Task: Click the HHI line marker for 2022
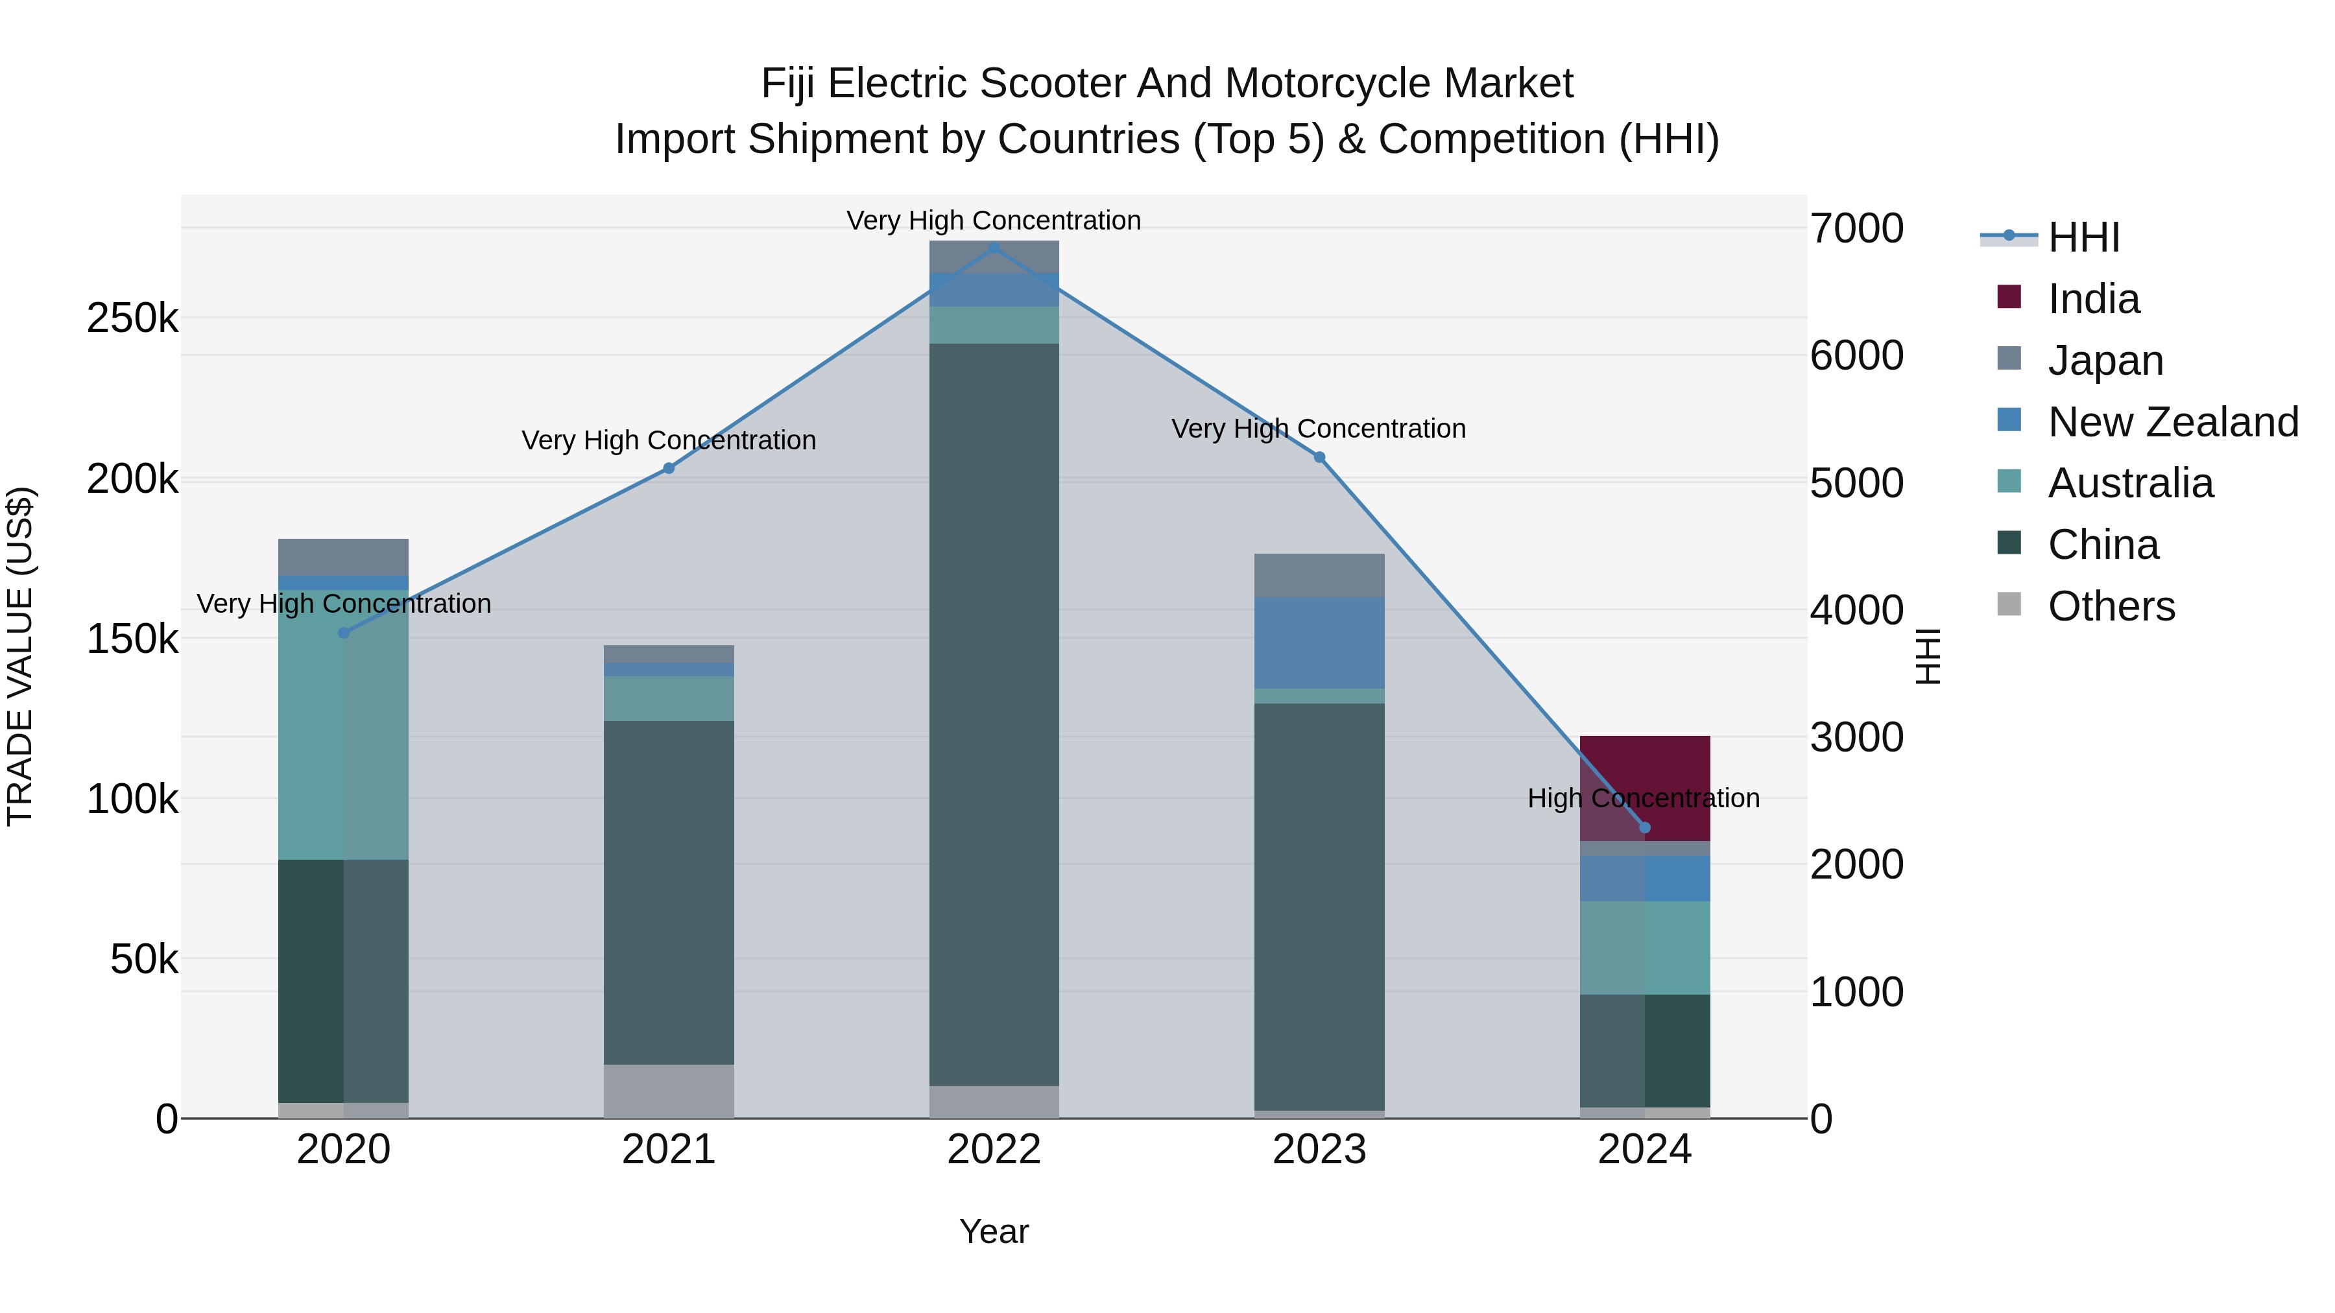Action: pyautogui.click(x=994, y=248)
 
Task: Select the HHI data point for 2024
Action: pyautogui.click(x=1644, y=827)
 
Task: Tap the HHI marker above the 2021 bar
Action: pyautogui.click(x=669, y=469)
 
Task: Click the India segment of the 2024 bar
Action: pyautogui.click(x=1644, y=779)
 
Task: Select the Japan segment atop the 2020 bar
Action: pyautogui.click(x=344, y=556)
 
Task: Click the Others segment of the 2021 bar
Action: pyautogui.click(x=669, y=1091)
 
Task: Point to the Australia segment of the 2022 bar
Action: pyautogui.click(x=994, y=324)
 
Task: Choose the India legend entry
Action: pyautogui.click(x=2093, y=299)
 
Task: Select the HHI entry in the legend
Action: pyautogui.click(x=2083, y=237)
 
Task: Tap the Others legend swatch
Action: pyautogui.click(x=2009, y=604)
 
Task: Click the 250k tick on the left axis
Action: pyautogui.click(x=132, y=319)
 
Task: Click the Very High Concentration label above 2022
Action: pyautogui.click(x=994, y=220)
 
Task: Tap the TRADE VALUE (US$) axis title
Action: pyautogui.click(x=20, y=656)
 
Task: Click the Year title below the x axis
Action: pyautogui.click(x=994, y=1231)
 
